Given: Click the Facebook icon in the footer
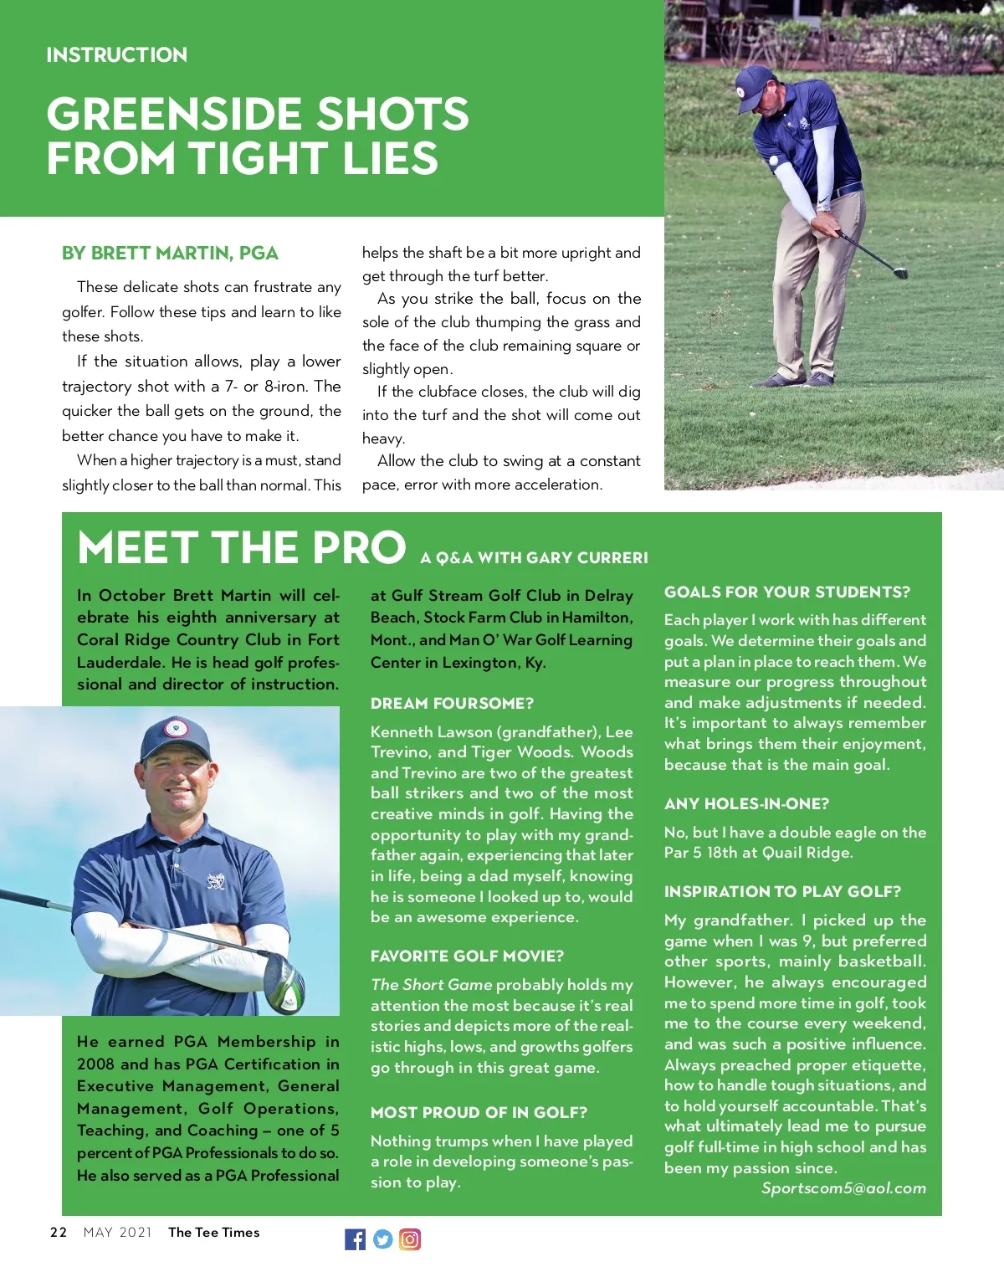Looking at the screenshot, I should pyautogui.click(x=355, y=1239).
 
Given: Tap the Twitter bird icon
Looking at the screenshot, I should pyautogui.click(x=382, y=1239).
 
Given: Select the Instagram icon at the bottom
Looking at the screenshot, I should pyautogui.click(x=410, y=1239).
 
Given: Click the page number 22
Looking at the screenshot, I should pyautogui.click(x=59, y=1232).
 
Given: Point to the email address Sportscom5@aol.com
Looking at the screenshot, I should pyautogui.click(x=843, y=1188).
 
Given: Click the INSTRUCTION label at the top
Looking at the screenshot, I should pyautogui.click(x=117, y=55).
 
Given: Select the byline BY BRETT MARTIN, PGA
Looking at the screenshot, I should pyautogui.click(x=170, y=253).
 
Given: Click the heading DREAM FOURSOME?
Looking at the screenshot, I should pyautogui.click(x=452, y=704).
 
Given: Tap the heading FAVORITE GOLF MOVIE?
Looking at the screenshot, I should pyautogui.click(x=467, y=956).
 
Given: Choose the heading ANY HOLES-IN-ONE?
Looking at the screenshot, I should pyautogui.click(x=746, y=804).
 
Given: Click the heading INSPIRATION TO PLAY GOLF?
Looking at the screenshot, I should pyautogui.click(x=782, y=892).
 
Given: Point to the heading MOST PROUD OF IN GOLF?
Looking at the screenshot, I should pyautogui.click(x=479, y=1112).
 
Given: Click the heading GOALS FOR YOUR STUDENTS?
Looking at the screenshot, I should pyautogui.click(x=786, y=592).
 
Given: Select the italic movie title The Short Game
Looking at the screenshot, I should pyautogui.click(x=432, y=985).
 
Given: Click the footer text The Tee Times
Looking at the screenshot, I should pyautogui.click(x=213, y=1232).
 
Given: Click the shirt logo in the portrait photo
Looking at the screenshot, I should pyautogui.click(x=215, y=881).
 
